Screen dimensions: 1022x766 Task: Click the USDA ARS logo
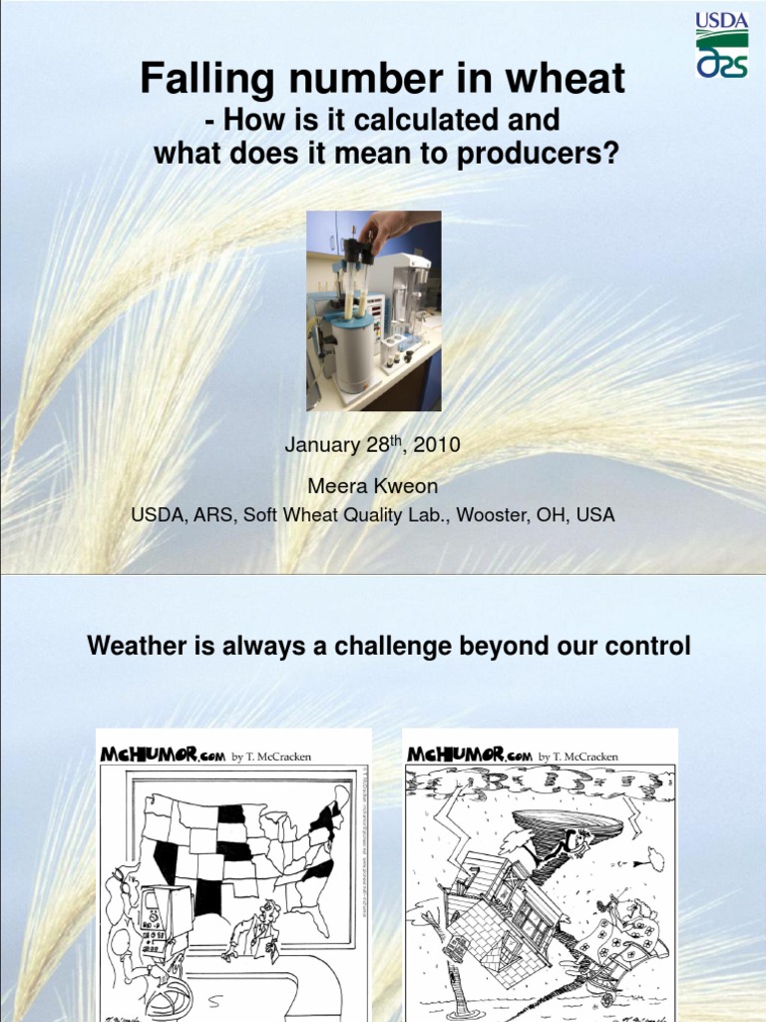722,44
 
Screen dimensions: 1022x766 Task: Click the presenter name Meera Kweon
373,485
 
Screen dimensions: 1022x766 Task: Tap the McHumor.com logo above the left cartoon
163,756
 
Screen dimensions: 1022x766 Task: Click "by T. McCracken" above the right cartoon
578,757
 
